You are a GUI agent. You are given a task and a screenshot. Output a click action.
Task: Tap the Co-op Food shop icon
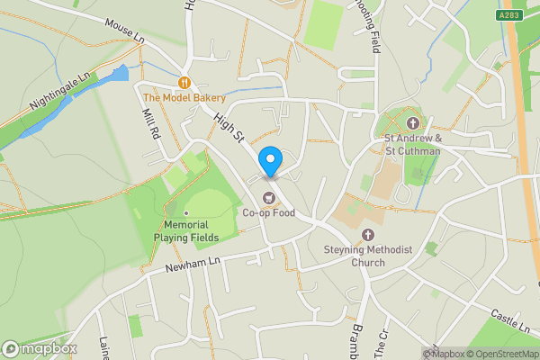tap(267, 198)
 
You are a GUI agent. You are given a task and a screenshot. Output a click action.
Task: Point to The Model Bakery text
tap(184, 96)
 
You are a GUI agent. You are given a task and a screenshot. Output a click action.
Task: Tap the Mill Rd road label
tap(150, 123)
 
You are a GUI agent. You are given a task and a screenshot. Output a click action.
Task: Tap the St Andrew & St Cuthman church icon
tap(412, 123)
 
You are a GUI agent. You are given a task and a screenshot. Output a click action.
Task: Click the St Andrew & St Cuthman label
tap(412, 145)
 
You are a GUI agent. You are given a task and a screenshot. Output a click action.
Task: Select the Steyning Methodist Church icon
tap(367, 235)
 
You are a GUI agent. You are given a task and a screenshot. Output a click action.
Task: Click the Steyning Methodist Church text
tap(367, 256)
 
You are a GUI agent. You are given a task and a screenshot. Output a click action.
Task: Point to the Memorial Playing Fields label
tap(186, 229)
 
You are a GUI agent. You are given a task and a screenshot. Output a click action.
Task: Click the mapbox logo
tap(40, 348)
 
